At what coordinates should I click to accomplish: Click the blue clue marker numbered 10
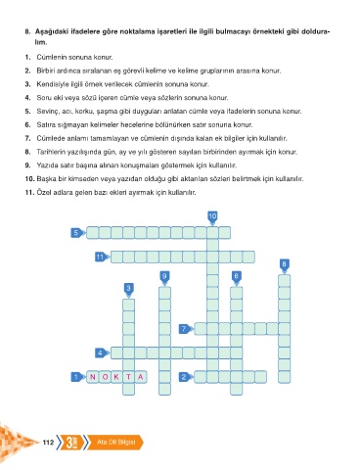point(212,217)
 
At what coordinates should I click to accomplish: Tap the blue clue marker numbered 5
point(77,233)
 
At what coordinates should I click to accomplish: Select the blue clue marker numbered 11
point(102,257)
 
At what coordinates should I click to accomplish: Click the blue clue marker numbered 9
point(164,277)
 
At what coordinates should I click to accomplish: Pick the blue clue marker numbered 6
point(237,277)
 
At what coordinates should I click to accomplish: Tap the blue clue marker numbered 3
point(129,290)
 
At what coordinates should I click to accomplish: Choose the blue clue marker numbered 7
point(186,329)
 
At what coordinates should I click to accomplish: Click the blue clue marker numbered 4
point(102,352)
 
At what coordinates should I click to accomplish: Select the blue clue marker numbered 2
point(186,377)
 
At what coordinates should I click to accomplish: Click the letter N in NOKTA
point(93,377)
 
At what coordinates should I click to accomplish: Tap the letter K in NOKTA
point(116,377)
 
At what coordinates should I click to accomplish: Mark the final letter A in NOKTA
point(141,377)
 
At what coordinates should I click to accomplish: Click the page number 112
point(48,443)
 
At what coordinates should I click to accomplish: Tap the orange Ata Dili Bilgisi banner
point(115,443)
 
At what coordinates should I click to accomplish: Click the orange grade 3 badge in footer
point(71,443)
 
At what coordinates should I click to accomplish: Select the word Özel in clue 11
point(43,192)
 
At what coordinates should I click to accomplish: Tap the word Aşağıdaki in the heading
point(50,32)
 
